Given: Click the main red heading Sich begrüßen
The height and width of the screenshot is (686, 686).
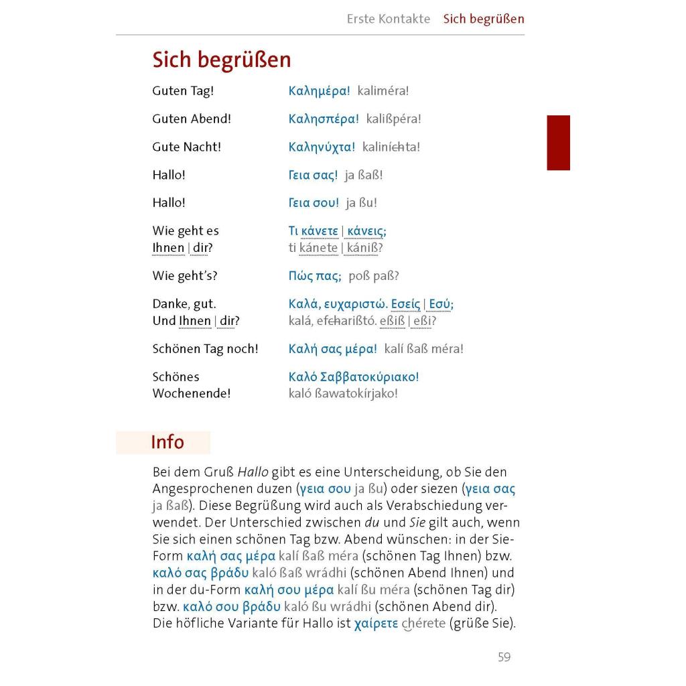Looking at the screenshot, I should (x=221, y=60).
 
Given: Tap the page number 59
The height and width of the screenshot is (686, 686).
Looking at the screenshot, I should (x=504, y=657).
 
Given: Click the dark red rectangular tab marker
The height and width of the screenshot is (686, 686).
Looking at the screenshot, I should (x=558, y=143).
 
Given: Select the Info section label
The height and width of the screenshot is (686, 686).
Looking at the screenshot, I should (x=167, y=442).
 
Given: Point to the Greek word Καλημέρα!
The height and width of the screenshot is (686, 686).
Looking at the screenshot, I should (x=319, y=90).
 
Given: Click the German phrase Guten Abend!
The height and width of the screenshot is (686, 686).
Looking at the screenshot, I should (x=191, y=119).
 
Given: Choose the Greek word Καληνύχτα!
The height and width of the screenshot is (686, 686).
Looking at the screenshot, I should (x=322, y=147).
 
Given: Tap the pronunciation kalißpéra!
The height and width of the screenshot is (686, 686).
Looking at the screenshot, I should (x=393, y=119).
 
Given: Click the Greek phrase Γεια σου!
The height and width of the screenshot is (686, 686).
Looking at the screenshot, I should (x=314, y=202).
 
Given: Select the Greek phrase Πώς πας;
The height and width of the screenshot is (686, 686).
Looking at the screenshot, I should (x=315, y=275).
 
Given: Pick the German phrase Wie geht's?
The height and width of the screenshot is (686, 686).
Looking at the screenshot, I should (x=184, y=275).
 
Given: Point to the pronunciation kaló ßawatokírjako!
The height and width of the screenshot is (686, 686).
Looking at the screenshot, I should (x=343, y=393).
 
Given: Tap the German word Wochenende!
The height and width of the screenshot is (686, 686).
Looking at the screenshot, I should (x=191, y=393).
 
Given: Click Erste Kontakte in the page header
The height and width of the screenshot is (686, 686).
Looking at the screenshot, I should (x=389, y=19).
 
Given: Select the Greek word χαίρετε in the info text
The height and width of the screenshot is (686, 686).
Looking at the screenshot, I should (x=376, y=624).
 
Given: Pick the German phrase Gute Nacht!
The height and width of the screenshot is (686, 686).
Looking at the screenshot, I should (x=186, y=147).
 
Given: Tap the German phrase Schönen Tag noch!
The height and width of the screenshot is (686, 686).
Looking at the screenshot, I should (x=205, y=348).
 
